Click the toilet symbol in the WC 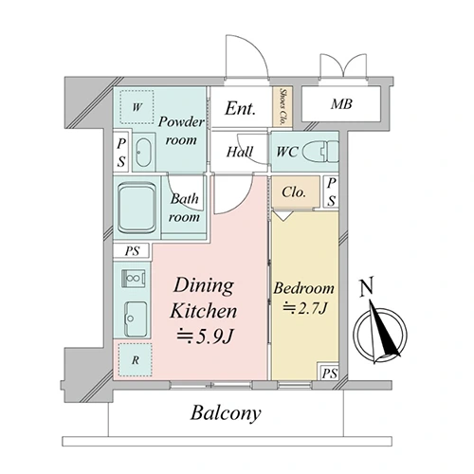[x=320, y=151]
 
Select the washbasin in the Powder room [x=143, y=153]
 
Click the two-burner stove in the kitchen [x=134, y=279]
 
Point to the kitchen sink [x=137, y=319]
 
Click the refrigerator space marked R [x=136, y=360]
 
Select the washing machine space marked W [x=137, y=107]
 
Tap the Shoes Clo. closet [x=283, y=106]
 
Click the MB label [x=341, y=104]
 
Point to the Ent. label [x=240, y=108]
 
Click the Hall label [x=240, y=152]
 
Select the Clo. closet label [x=294, y=191]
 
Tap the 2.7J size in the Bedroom [x=304, y=308]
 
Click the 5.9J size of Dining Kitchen [x=205, y=337]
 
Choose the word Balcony [x=226, y=413]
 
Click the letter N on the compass [x=367, y=286]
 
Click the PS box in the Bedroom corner [x=329, y=373]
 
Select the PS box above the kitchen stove [x=132, y=251]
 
